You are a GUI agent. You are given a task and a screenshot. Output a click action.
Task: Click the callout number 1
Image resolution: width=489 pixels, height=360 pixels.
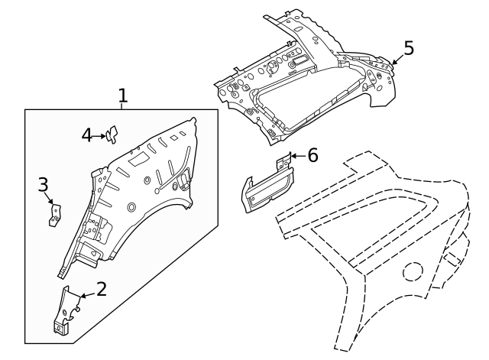click(x=123, y=96)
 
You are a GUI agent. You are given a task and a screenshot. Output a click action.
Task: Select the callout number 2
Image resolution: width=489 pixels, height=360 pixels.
click(x=102, y=289)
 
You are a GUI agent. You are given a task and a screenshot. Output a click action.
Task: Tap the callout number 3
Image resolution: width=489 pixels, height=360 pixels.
click(x=43, y=184)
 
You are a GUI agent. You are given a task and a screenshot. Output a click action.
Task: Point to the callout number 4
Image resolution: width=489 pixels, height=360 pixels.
click(x=87, y=136)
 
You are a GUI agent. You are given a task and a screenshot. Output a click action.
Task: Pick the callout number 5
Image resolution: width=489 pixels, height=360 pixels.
click(x=409, y=48)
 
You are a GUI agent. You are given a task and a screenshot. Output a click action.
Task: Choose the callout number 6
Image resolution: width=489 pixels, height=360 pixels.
click(x=313, y=155)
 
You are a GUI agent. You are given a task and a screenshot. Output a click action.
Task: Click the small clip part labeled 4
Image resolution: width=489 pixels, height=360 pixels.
click(x=112, y=135)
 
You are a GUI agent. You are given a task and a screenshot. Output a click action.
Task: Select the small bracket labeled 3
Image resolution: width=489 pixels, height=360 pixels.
click(x=54, y=215)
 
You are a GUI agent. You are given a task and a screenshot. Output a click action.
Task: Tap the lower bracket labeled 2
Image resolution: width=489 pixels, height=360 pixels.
click(x=66, y=311)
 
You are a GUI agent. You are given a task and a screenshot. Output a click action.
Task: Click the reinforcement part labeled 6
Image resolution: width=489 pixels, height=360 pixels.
click(x=267, y=186)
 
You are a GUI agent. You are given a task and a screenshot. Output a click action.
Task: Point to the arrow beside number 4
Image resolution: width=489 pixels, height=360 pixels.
click(x=99, y=136)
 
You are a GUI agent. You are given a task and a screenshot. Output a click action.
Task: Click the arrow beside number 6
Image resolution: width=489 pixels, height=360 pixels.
click(x=299, y=156)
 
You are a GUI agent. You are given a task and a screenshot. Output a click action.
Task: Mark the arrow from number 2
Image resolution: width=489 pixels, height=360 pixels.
click(x=89, y=295)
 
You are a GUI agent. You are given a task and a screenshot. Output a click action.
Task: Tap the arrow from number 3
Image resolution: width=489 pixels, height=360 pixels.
click(x=49, y=198)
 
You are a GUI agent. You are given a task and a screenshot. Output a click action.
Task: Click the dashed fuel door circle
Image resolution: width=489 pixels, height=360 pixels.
click(x=413, y=271)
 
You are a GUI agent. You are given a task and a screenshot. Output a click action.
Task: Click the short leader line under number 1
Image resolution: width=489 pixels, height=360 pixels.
click(x=121, y=106)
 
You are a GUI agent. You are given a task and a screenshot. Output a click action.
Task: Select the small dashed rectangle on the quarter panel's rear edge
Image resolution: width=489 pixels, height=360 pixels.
click(x=452, y=259)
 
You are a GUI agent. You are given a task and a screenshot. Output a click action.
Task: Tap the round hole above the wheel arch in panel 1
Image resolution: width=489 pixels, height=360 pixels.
click(x=131, y=207)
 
